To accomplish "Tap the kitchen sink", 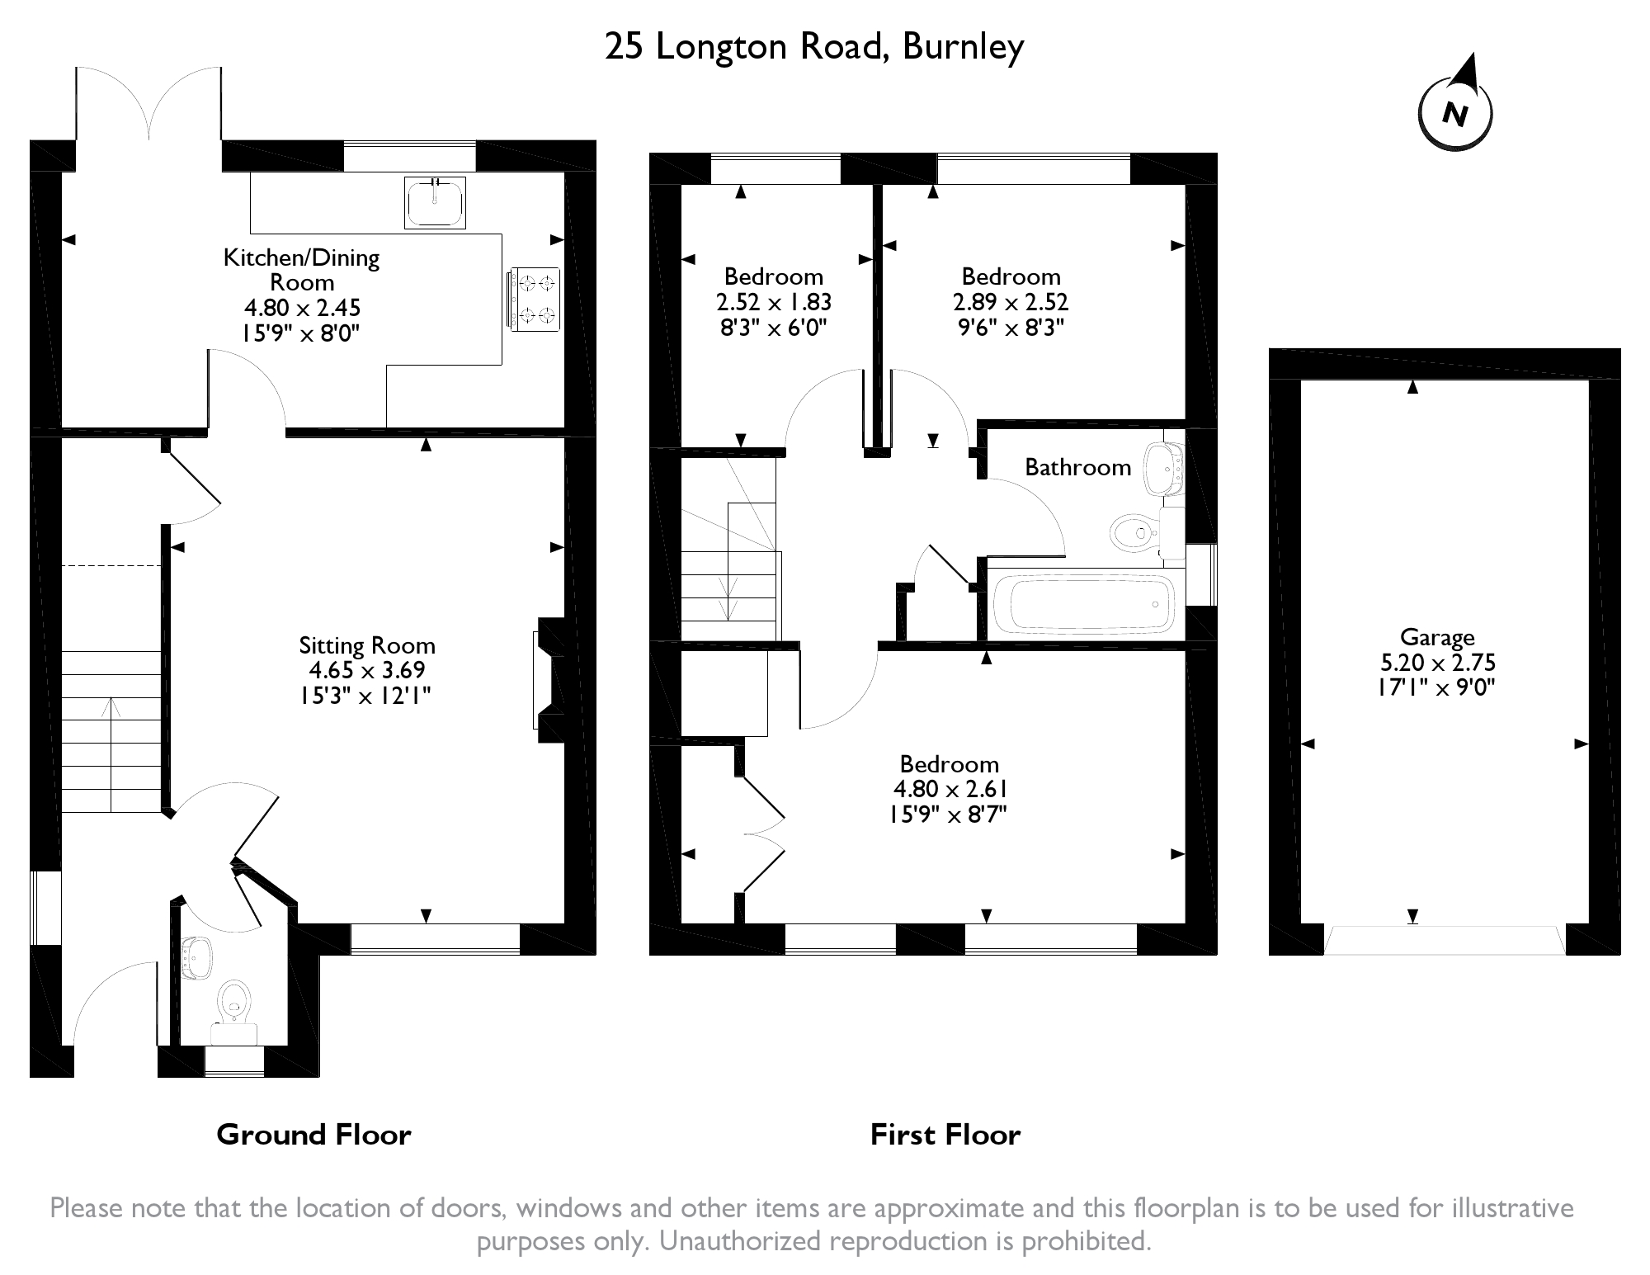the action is click(x=435, y=202).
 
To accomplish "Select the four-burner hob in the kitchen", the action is click(x=535, y=299).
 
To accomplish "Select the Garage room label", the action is click(x=1436, y=637).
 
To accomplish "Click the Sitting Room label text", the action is click(x=367, y=645).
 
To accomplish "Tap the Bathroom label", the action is click(x=1077, y=467).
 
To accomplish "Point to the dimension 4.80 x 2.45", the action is click(x=302, y=308).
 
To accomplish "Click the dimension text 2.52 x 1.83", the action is click(x=773, y=302).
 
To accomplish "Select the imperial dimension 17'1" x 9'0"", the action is click(x=1436, y=687).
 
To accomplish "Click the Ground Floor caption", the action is click(x=313, y=1135).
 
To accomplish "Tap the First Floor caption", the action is click(x=945, y=1135).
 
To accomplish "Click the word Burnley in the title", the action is click(x=963, y=47).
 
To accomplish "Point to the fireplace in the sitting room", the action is click(x=549, y=680).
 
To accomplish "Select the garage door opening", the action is click(x=1444, y=941).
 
